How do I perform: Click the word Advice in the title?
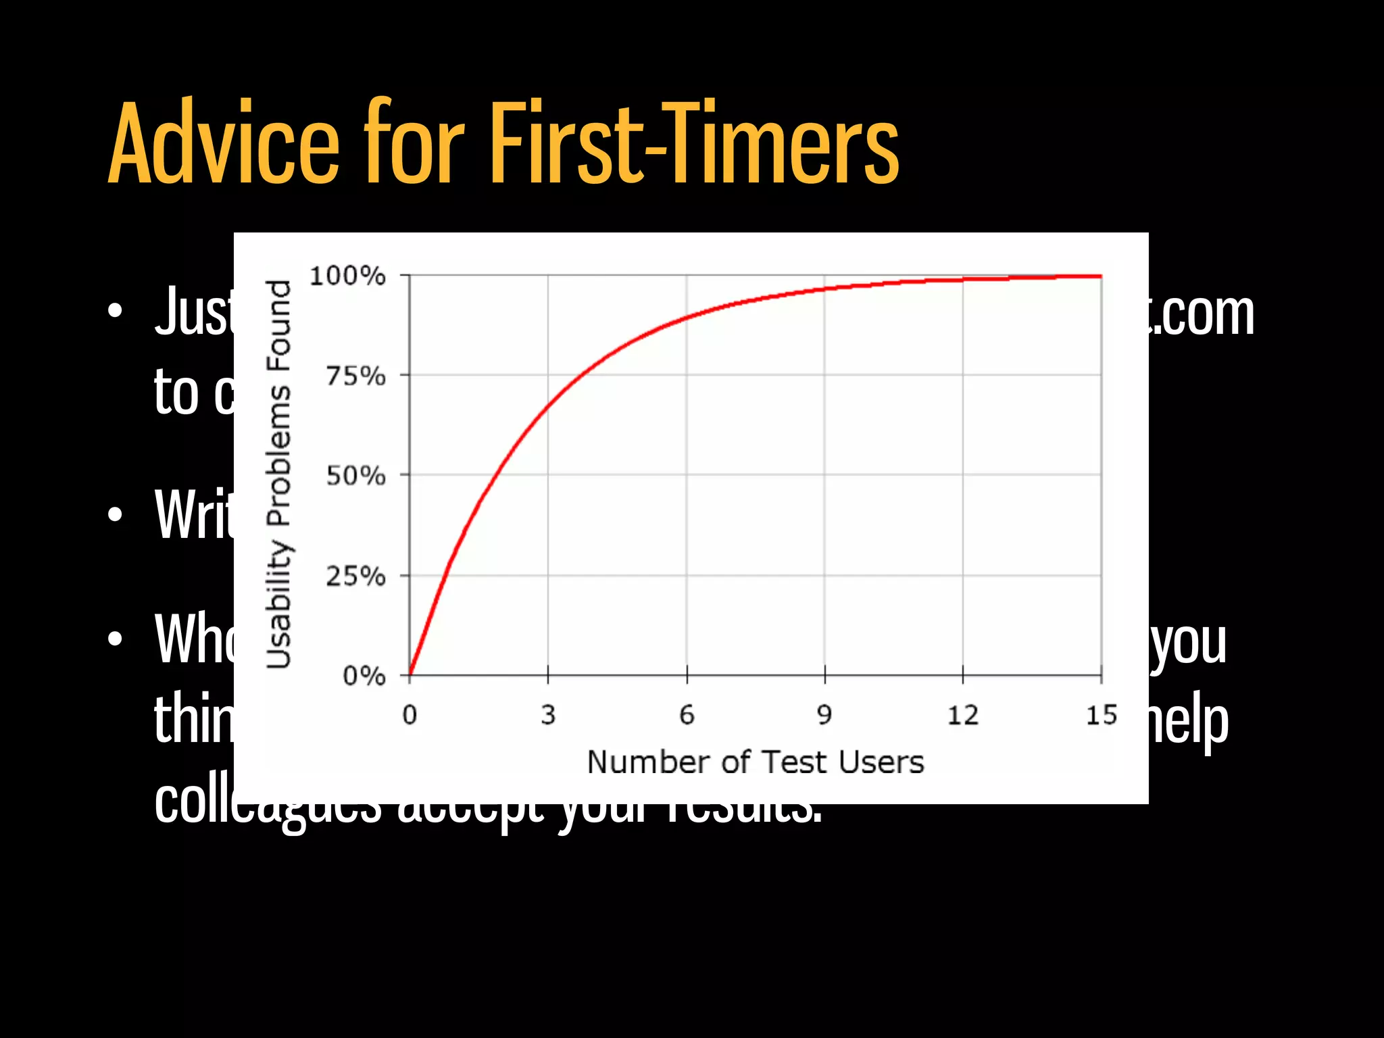pyautogui.click(x=223, y=143)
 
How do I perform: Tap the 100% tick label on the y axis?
pyautogui.click(x=347, y=276)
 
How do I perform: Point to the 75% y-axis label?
pyautogui.click(x=355, y=376)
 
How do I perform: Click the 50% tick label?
pyautogui.click(x=355, y=476)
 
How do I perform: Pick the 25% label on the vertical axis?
pyautogui.click(x=355, y=576)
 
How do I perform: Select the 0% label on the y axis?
pyautogui.click(x=364, y=676)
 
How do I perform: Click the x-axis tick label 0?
pyautogui.click(x=410, y=715)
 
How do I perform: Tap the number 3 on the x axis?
pyautogui.click(x=548, y=715)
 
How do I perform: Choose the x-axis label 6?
pyautogui.click(x=687, y=715)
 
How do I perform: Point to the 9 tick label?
pyautogui.click(x=824, y=715)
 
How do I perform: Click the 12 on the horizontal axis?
pyautogui.click(x=963, y=715)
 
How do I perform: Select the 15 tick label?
pyautogui.click(x=1102, y=715)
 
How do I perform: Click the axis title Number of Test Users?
pyautogui.click(x=755, y=762)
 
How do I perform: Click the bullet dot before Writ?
pyautogui.click(x=116, y=515)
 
